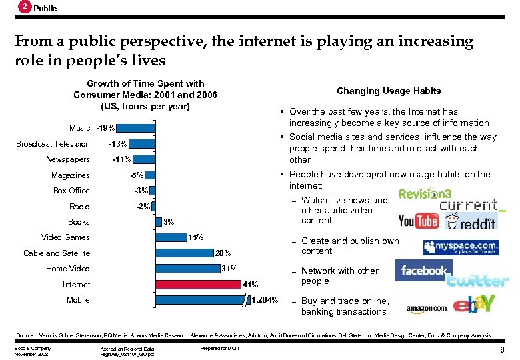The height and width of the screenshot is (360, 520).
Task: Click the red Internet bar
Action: click(198, 285)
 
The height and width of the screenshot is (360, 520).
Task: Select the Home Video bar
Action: click(188, 269)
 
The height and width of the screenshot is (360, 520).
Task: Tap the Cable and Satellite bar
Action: click(185, 253)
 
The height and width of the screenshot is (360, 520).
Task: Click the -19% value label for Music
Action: click(105, 128)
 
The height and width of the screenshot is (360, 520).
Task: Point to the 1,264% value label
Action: click(264, 300)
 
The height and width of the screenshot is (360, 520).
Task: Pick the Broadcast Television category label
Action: click(53, 144)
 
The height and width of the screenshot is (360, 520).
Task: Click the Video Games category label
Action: click(65, 237)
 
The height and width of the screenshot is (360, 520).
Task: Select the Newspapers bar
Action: click(144, 159)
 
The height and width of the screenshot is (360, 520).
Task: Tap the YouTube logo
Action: click(418, 221)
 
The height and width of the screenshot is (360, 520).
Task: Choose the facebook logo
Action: click(423, 271)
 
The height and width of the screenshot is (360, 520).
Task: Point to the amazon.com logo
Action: click(425, 308)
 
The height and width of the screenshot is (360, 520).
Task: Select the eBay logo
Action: click(475, 304)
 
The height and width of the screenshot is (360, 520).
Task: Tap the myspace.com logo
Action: click(460, 247)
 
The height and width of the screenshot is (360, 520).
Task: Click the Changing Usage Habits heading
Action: click(388, 91)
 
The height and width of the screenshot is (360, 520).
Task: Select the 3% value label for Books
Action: click(169, 222)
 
